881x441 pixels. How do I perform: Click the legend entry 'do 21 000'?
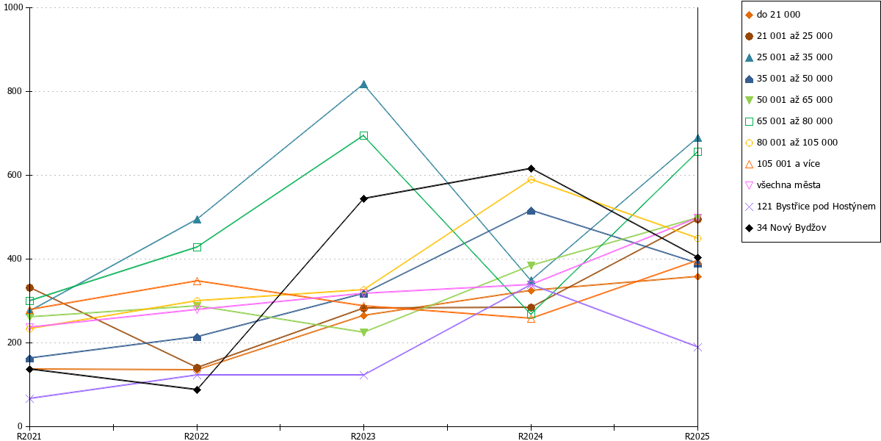coord(773,15)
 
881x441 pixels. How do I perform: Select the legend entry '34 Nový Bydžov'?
coord(786,228)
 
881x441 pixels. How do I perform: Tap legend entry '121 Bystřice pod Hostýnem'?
coord(811,207)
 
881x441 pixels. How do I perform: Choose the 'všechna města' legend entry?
coord(783,185)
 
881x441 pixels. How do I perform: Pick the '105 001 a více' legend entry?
coord(783,164)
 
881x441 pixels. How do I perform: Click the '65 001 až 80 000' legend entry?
coord(789,121)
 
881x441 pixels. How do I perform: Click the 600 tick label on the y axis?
coord(15,175)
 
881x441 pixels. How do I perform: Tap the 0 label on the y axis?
coord(20,426)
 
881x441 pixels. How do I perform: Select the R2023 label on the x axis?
coord(363,436)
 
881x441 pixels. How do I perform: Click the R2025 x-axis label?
coord(697,436)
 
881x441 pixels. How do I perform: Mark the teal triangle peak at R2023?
coord(364,85)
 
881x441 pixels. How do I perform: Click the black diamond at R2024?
coord(531,168)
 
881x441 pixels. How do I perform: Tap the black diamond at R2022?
coord(197,390)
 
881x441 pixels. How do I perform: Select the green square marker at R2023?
coord(364,136)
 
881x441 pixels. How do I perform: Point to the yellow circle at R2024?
coord(531,180)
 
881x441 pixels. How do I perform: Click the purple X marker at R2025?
coord(697,347)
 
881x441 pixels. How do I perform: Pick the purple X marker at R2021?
coord(29,398)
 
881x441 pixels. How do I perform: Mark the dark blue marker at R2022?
coord(197,337)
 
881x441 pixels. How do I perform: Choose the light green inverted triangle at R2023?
coord(364,332)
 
